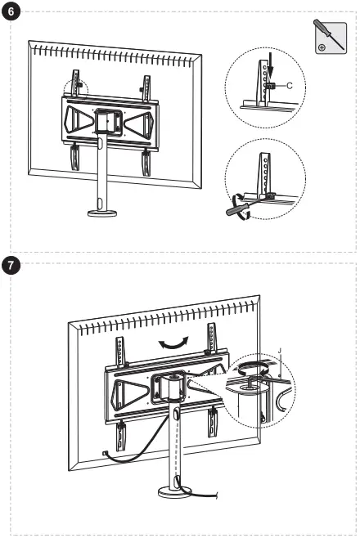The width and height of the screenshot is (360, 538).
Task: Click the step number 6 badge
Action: pos(11,13)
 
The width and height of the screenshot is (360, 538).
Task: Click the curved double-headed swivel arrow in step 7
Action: pos(171,343)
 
